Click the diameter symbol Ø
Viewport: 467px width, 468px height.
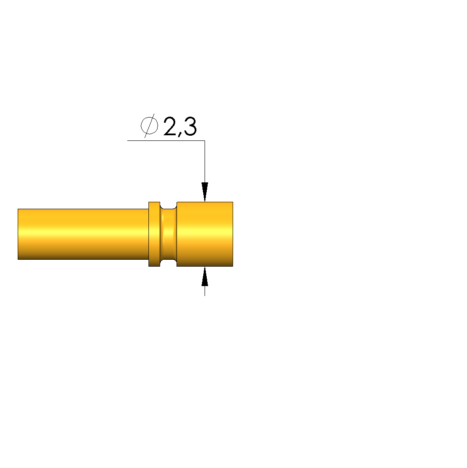click(149, 126)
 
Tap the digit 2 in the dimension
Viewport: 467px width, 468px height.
click(170, 127)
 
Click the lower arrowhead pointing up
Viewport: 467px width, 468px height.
click(205, 277)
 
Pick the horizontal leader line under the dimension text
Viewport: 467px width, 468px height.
click(166, 140)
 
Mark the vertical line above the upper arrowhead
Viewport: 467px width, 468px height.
click(205, 162)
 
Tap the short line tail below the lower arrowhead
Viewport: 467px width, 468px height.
click(205, 291)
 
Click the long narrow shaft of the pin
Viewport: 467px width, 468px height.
click(83, 234)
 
